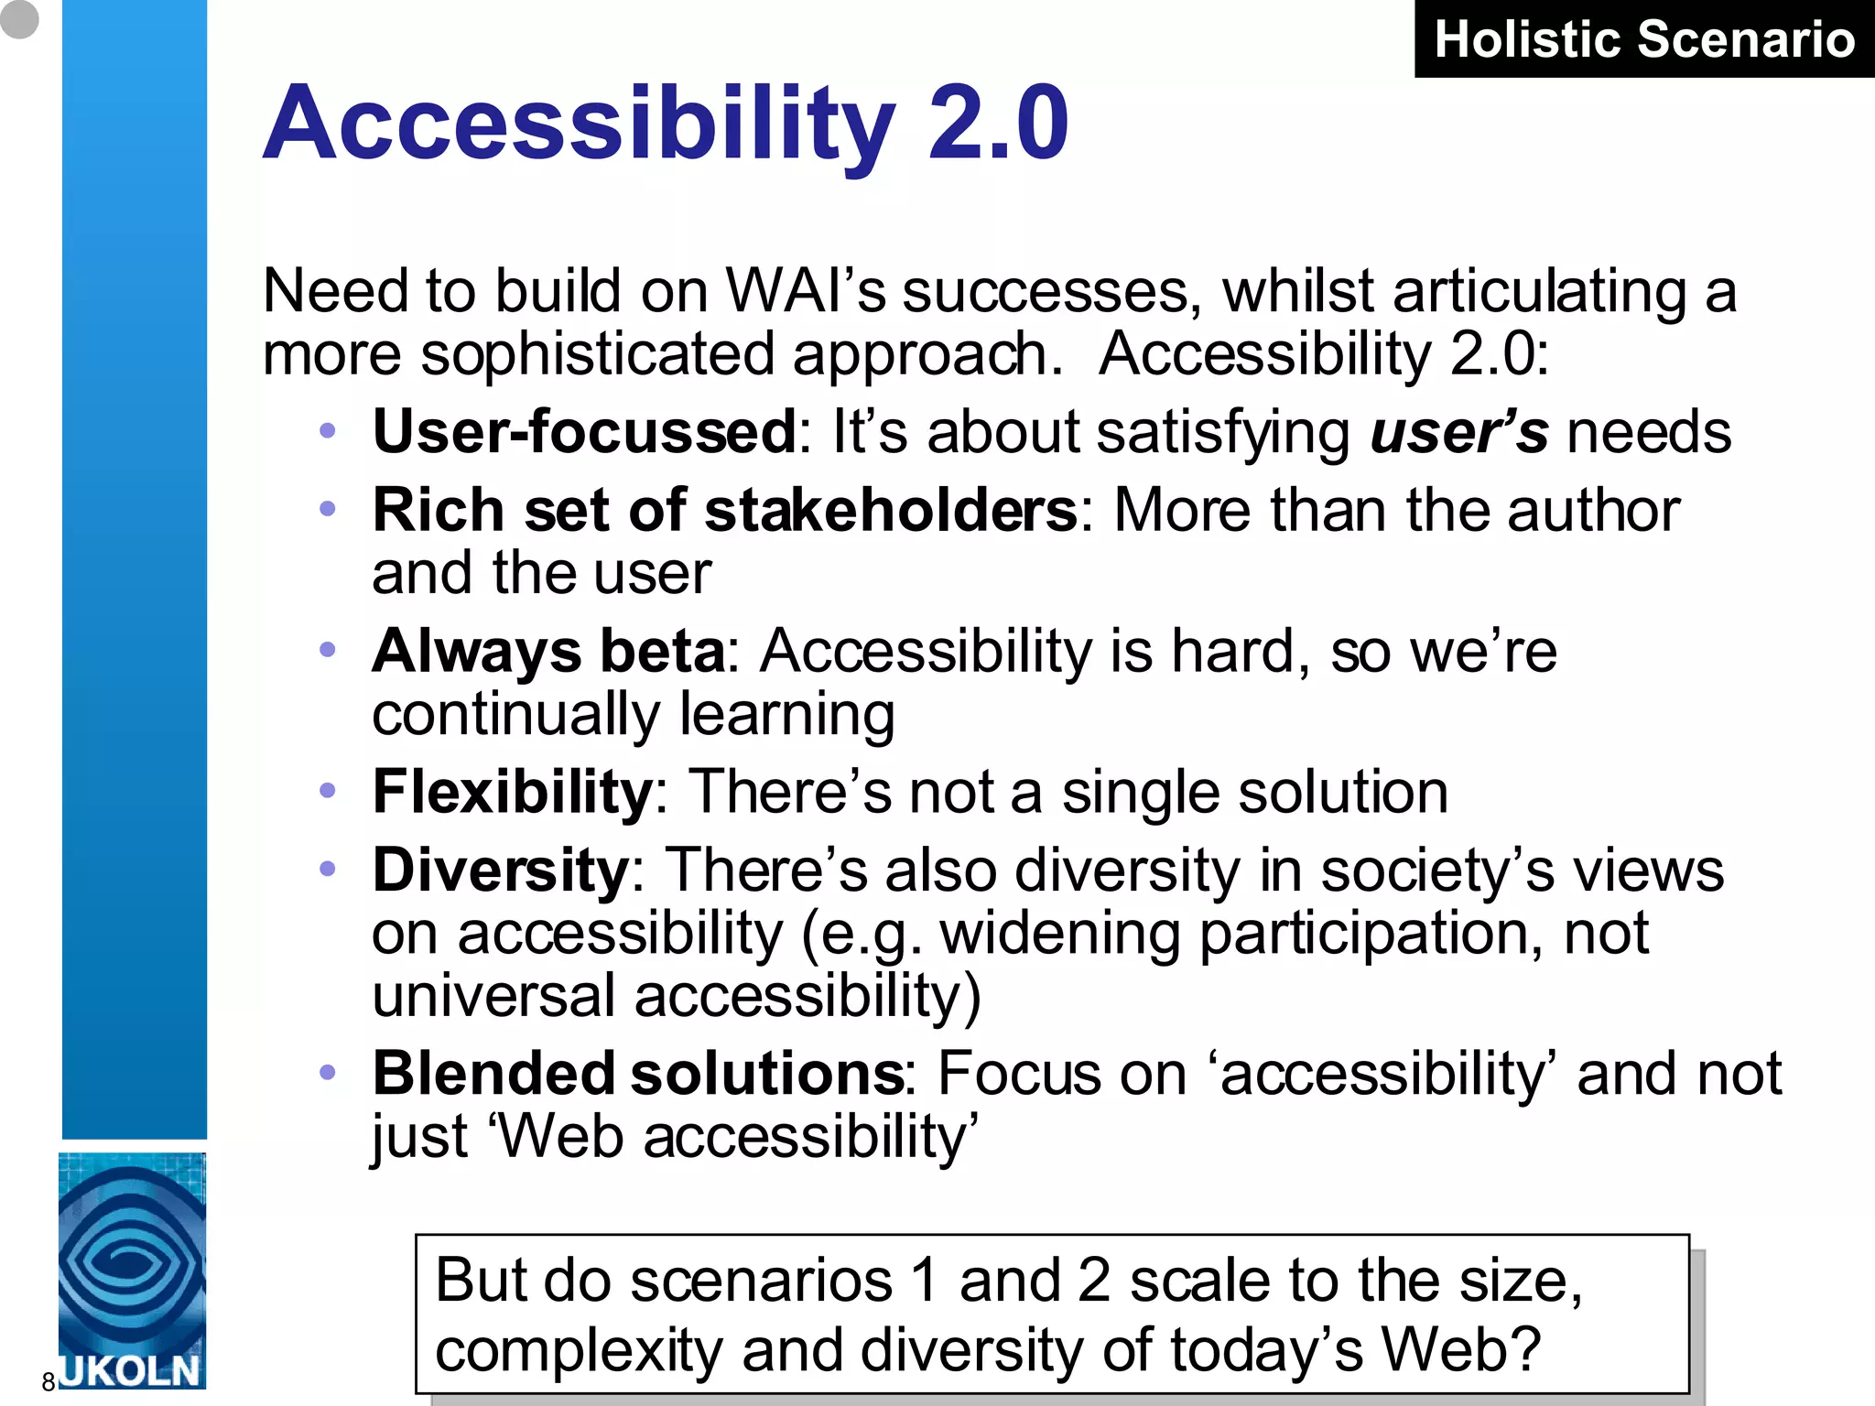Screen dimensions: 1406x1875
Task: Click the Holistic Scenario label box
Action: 1644,39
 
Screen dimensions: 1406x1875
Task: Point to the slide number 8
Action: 49,1382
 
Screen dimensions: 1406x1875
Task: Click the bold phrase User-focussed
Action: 584,432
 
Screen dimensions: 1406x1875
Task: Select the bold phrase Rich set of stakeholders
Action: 724,510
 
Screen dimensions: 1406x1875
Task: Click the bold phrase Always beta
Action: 547,651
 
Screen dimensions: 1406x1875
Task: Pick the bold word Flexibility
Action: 512,792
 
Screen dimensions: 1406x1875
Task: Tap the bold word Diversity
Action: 500,870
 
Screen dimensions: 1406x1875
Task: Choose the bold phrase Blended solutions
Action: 638,1074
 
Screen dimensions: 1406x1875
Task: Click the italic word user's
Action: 1458,432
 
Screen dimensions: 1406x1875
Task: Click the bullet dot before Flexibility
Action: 328,790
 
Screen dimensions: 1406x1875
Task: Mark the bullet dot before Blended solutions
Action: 328,1072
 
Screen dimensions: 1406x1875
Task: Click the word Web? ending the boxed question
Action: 1461,1350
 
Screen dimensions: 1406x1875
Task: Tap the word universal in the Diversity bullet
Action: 493,996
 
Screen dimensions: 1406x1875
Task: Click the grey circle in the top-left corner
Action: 18,18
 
